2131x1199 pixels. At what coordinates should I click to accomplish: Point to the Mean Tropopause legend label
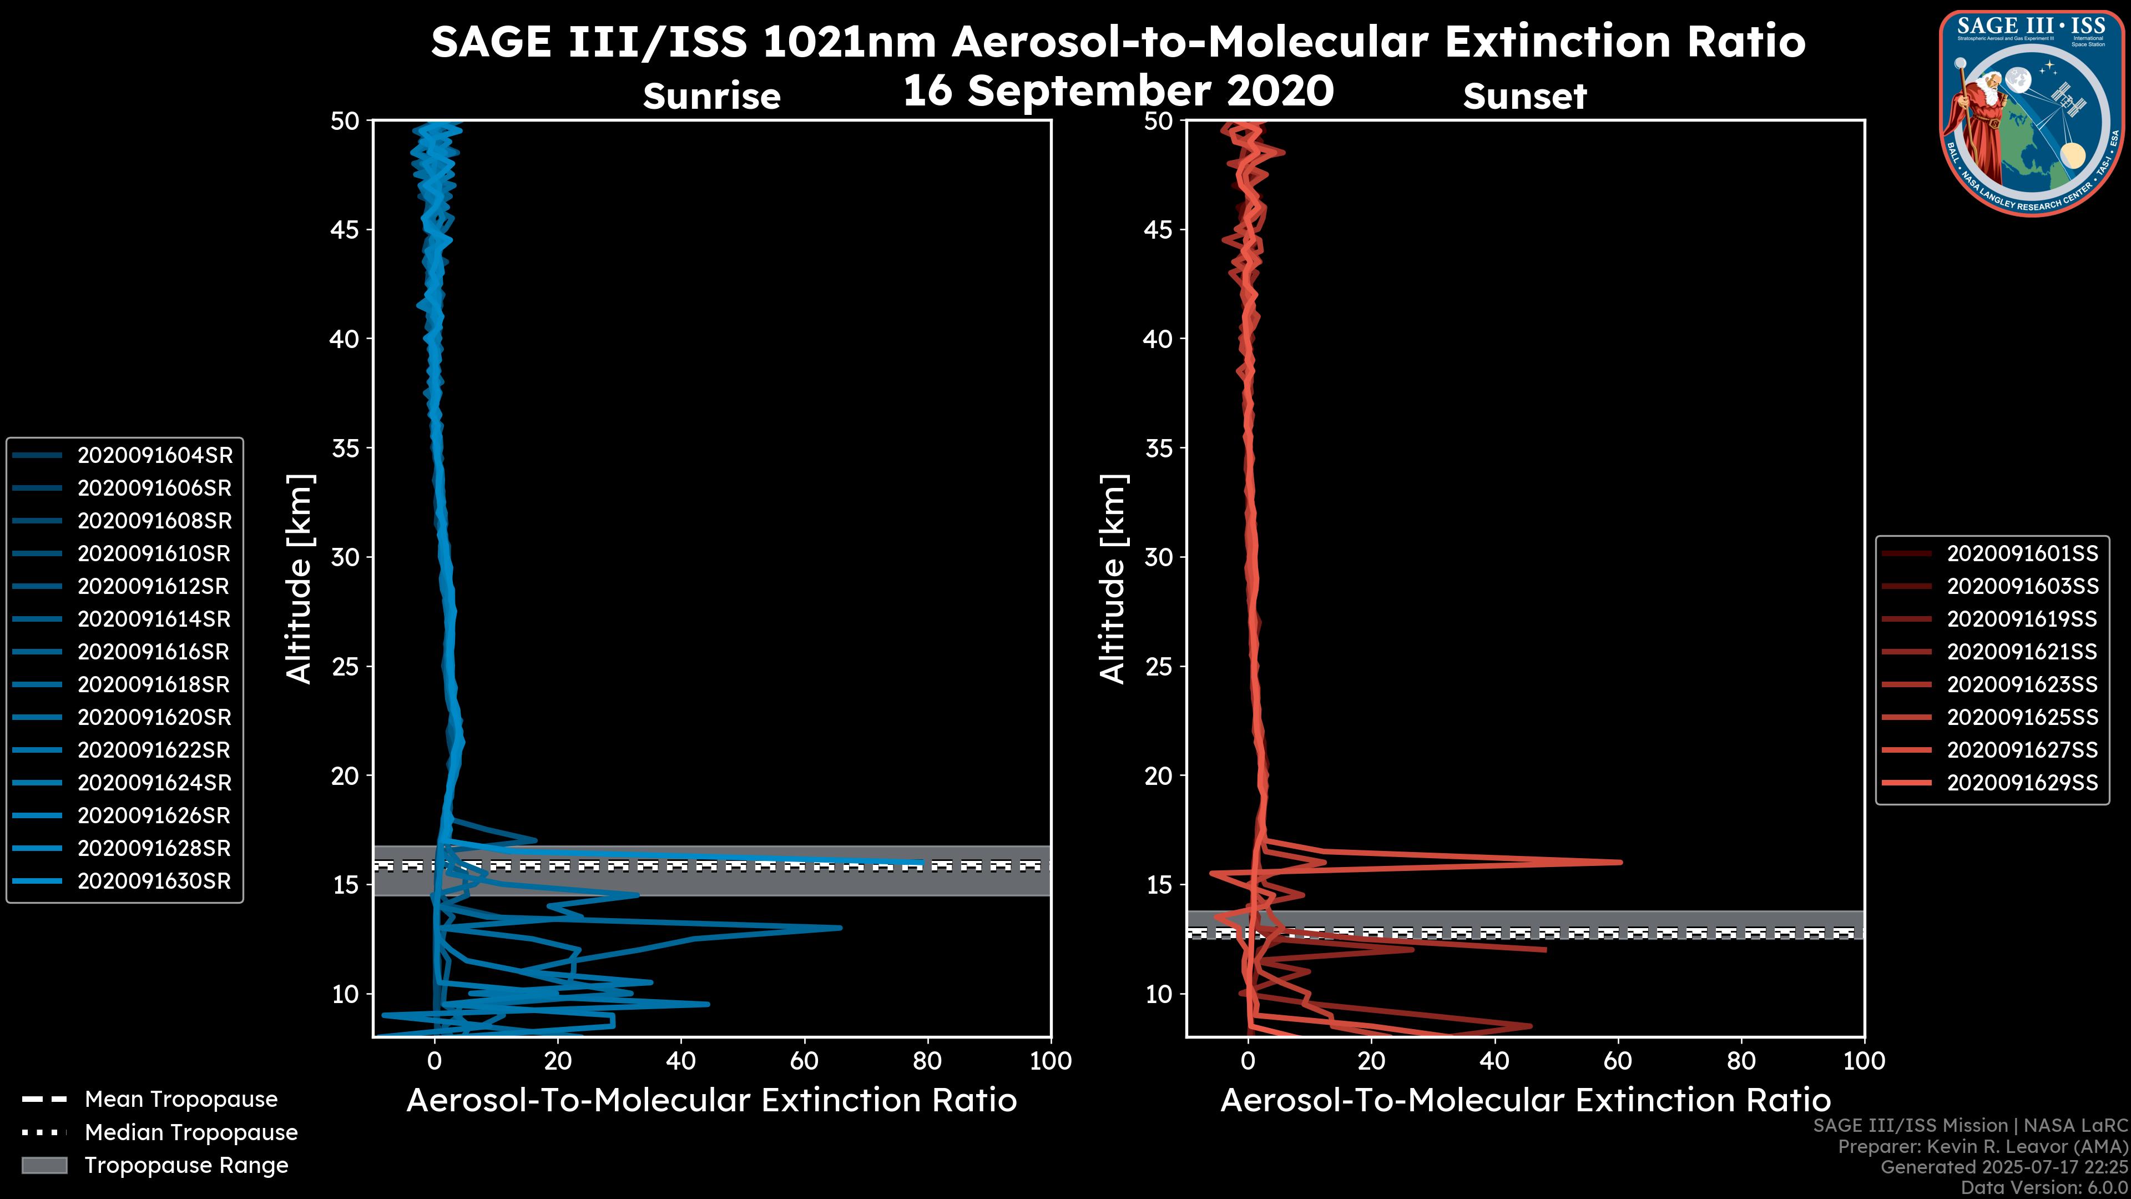point(181,1100)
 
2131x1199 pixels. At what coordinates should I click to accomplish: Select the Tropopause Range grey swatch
point(44,1165)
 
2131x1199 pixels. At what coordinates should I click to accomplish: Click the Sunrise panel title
point(711,97)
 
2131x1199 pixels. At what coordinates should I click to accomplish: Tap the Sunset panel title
point(1524,97)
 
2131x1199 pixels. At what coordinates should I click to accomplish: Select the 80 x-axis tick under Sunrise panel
point(927,1061)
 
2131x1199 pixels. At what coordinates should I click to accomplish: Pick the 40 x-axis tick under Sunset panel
point(1494,1061)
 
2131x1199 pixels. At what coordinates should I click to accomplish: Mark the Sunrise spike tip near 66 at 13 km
point(841,928)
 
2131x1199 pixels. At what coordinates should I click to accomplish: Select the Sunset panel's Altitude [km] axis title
point(1113,579)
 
